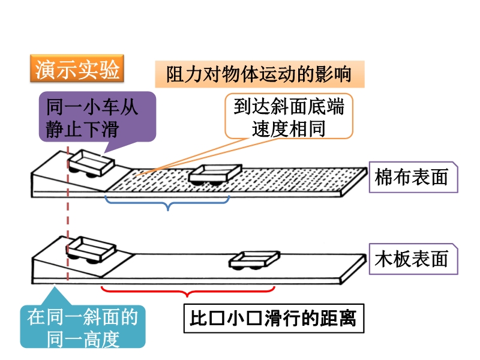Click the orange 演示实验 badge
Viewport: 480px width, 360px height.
pos(76,70)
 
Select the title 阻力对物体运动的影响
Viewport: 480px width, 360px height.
pos(259,75)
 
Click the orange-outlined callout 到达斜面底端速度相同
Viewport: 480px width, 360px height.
pos(289,118)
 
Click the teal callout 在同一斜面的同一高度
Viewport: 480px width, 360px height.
pos(83,327)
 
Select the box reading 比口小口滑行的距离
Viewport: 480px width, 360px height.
pos(273,318)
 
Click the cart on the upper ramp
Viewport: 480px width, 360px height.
pos(91,164)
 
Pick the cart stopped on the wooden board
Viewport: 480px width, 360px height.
pos(254,260)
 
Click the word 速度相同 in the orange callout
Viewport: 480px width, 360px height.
pos(289,128)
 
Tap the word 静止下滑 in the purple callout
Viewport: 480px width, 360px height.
pos(91,129)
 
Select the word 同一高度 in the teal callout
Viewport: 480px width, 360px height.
pos(83,340)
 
